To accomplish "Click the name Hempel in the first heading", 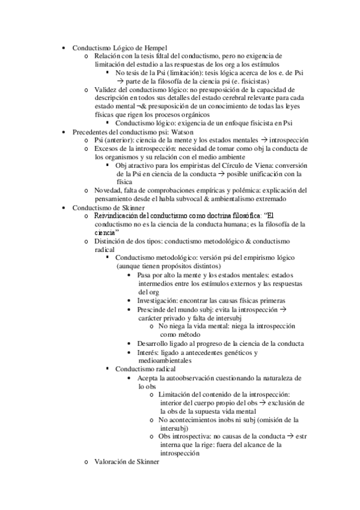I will tap(155, 48).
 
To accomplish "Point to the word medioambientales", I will tap(165, 360).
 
